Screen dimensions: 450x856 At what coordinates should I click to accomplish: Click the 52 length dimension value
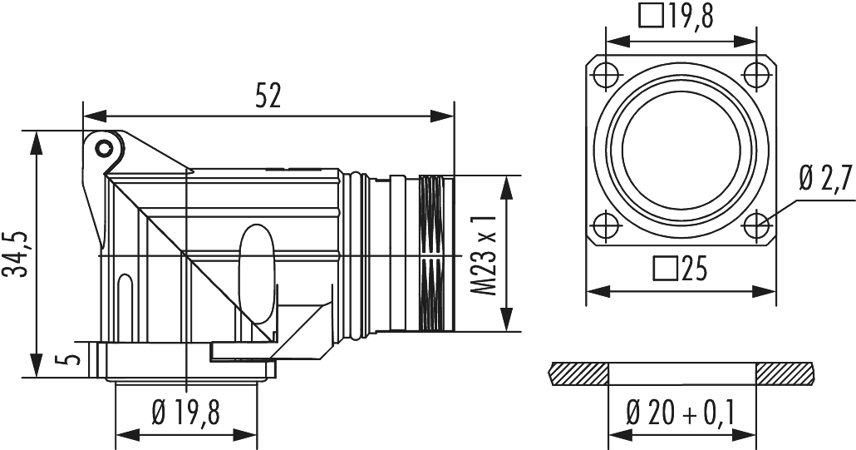[268, 96]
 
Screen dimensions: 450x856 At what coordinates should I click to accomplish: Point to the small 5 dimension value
[72, 360]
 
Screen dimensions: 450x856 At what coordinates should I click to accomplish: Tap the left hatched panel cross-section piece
[578, 373]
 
